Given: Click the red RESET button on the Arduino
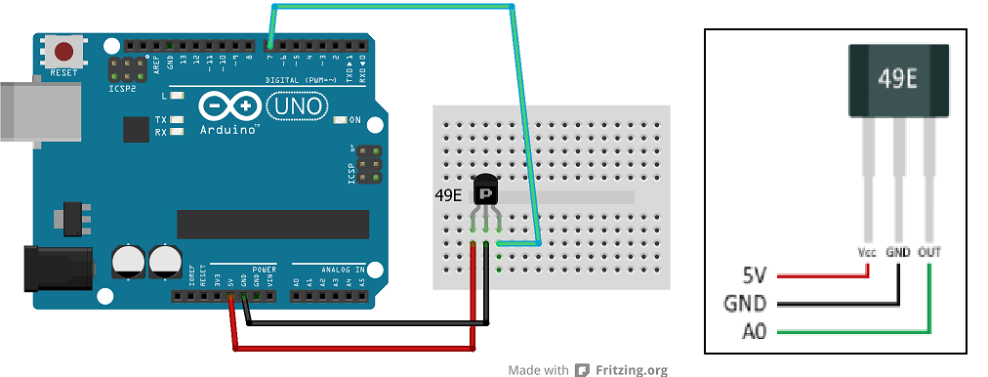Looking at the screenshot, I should pos(65,51).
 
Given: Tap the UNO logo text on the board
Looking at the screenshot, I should pos(292,105).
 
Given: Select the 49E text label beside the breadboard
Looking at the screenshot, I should pos(448,195).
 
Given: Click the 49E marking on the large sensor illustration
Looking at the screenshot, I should pos(897,80).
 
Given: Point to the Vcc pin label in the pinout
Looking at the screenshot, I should pos(866,252).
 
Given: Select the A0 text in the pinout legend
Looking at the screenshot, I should pos(753,332).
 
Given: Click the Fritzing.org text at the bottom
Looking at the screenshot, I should pos(632,370).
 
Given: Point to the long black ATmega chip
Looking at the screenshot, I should pos(272,224).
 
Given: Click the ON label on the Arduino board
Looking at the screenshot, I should pos(355,120).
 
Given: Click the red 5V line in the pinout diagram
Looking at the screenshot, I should pos(820,275).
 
